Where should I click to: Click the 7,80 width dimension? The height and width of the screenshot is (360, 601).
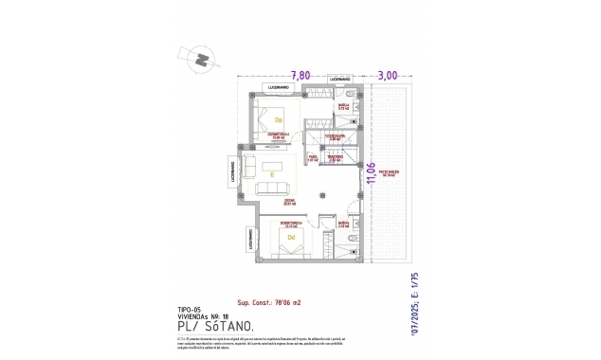pyautogui.click(x=300, y=74)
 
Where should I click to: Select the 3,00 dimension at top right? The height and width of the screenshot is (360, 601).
pyautogui.click(x=388, y=74)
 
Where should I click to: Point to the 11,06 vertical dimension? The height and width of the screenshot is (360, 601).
pyautogui.click(x=371, y=175)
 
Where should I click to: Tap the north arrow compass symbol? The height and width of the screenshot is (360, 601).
pyautogui.click(x=200, y=59)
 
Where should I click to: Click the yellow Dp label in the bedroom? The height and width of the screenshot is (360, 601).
pyautogui.click(x=279, y=120)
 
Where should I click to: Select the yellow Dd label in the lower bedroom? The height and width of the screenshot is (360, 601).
pyautogui.click(x=279, y=237)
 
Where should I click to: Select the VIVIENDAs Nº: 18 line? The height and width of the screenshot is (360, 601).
pyautogui.click(x=205, y=316)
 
